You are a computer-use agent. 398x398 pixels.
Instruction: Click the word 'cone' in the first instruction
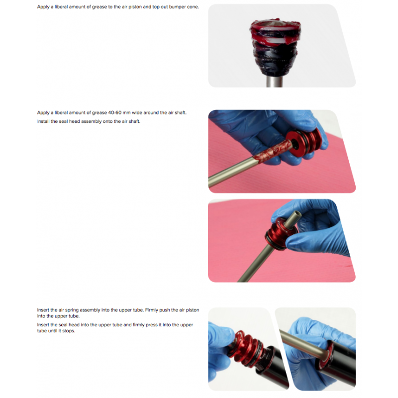(193, 7)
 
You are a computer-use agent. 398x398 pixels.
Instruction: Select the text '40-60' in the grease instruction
(115, 113)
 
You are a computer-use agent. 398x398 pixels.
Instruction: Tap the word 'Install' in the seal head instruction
(43, 121)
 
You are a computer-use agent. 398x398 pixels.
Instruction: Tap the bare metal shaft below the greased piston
(274, 81)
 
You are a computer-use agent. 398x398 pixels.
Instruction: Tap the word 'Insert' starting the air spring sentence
(43, 310)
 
